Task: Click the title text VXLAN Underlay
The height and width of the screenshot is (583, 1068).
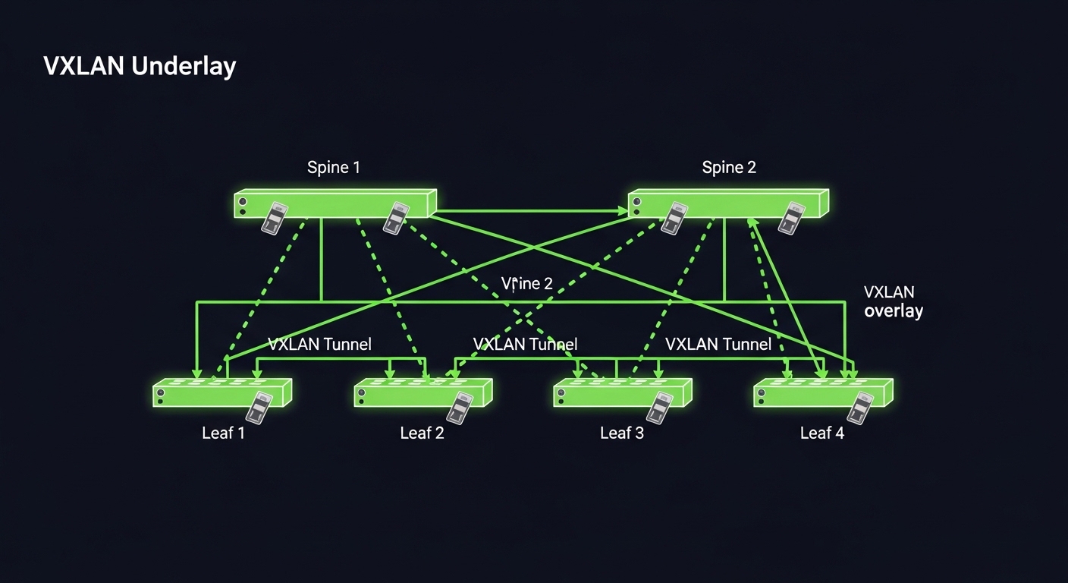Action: [x=140, y=67]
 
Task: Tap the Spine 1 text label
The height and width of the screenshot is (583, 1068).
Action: [x=334, y=167]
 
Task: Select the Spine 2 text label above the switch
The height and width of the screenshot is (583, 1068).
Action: [x=729, y=167]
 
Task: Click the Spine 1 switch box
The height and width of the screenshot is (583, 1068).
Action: [x=334, y=203]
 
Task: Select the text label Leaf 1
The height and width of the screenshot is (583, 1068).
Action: [x=223, y=433]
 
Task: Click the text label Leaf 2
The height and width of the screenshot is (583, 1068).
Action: [x=422, y=433]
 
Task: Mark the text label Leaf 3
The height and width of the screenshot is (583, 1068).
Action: [x=622, y=433]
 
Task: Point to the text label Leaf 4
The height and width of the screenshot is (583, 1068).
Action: [x=822, y=433]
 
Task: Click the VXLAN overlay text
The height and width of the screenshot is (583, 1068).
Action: [x=893, y=301]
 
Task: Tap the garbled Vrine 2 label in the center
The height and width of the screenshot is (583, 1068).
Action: [x=527, y=284]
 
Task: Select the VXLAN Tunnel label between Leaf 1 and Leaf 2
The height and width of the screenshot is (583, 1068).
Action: [x=319, y=345]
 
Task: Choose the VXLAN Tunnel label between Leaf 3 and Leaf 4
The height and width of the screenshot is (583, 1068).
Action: [x=718, y=345]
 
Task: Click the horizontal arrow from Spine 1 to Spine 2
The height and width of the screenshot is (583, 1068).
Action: [x=531, y=211]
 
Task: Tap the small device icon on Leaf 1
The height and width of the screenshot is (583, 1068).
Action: [x=259, y=408]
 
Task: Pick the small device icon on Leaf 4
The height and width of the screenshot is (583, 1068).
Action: [x=860, y=408]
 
